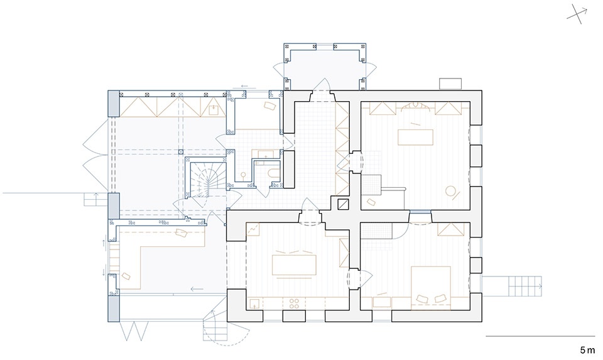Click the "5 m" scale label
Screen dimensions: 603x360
tap(587, 350)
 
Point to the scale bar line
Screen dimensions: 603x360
tap(540, 336)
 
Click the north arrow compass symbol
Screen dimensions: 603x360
tap(578, 14)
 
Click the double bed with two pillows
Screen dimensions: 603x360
tap(431, 288)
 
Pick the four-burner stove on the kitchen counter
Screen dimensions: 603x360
tap(294, 303)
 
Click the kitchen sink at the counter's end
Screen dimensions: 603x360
tap(254, 303)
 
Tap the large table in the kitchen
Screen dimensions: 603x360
tap(294, 265)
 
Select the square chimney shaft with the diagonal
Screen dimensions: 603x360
tap(343, 204)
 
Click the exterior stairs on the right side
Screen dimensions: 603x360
tap(524, 286)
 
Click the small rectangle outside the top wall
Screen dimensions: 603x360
tap(450, 84)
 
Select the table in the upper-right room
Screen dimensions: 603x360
tap(415, 138)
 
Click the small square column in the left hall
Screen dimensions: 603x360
tap(180, 151)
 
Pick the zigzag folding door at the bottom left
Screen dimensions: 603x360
tap(134, 331)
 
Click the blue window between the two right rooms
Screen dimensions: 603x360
tap(420, 211)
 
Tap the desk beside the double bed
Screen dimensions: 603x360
tap(382, 302)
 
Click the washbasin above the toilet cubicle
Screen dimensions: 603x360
tap(265, 155)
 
